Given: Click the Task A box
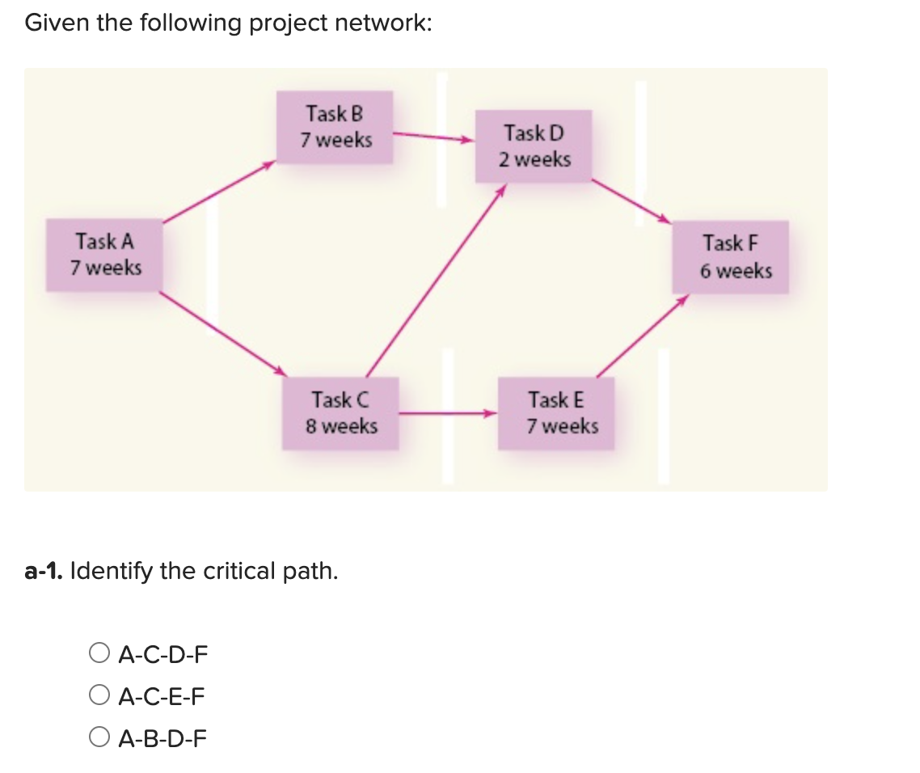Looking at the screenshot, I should click(x=105, y=255).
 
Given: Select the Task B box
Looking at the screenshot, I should click(x=336, y=127).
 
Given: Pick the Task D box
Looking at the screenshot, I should click(x=534, y=146).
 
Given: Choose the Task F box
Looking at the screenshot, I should click(x=731, y=256).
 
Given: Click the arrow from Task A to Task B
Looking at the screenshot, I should click(x=219, y=192).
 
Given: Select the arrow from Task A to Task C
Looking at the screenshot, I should click(x=222, y=333).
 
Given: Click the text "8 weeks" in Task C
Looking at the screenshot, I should click(x=341, y=425).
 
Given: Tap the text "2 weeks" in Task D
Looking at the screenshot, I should click(x=534, y=159).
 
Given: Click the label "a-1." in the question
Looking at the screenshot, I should click(x=44, y=572).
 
